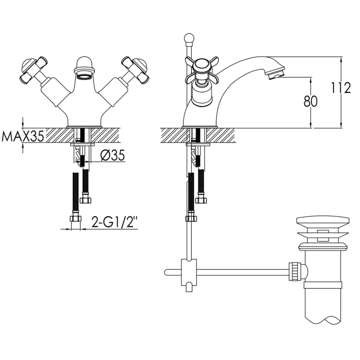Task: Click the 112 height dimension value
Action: point(341,87)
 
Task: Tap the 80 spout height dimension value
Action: point(310,101)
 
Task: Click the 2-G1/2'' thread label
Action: point(115,222)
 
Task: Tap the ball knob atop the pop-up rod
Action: point(189,38)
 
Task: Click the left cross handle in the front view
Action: point(33,70)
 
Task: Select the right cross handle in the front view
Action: point(135,70)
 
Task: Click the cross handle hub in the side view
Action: point(202,66)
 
